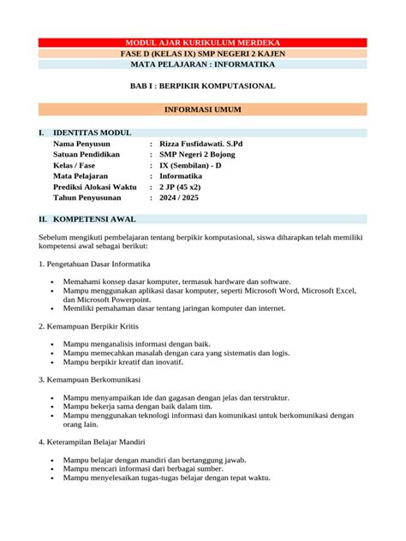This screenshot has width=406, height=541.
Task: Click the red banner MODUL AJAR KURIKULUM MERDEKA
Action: tap(202, 43)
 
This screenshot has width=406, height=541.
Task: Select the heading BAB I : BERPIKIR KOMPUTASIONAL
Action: tap(202, 86)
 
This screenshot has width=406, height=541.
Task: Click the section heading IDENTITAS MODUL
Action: tap(92, 134)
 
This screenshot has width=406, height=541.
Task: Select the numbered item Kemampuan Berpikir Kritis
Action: tap(89, 326)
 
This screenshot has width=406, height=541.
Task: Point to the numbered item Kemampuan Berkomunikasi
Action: tap(89, 378)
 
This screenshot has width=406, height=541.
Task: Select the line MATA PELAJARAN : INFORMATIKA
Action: tap(202, 64)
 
